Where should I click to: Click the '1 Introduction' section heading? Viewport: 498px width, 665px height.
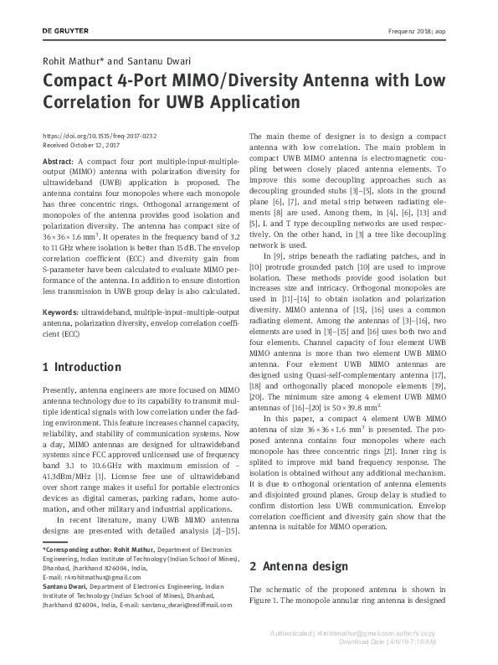(x=81, y=368)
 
